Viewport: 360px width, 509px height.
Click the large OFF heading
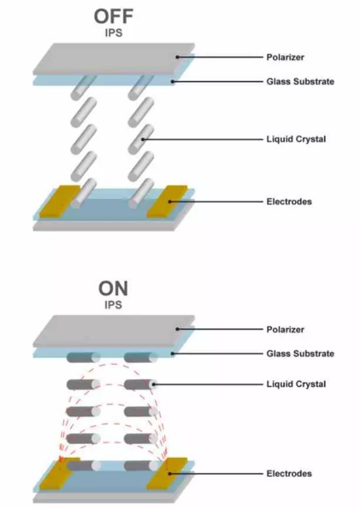pos(113,16)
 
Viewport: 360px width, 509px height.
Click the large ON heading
pos(113,289)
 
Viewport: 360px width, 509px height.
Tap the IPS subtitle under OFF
pos(114,33)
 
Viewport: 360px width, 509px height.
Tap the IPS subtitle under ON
pos(113,305)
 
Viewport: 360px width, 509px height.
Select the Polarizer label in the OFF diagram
pos(285,57)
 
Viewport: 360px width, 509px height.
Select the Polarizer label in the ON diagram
pos(285,330)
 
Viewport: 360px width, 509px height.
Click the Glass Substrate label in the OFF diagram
pos(300,82)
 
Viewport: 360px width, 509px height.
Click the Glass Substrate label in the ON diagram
pos(300,353)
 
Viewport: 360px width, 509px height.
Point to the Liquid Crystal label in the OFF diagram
pos(296,139)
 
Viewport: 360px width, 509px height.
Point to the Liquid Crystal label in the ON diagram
pos(296,384)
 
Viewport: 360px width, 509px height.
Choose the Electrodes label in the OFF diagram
pos(289,202)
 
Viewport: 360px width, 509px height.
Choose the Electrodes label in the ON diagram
pos(289,474)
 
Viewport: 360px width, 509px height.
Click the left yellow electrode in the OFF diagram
pos(60,202)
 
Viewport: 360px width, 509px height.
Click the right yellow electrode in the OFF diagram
pos(167,202)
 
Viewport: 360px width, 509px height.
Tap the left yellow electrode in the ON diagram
pos(60,474)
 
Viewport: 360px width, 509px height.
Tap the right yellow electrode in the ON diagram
pos(167,474)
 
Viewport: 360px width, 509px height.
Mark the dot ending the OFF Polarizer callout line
pos(177,57)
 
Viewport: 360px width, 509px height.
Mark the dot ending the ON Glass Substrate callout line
pos(173,353)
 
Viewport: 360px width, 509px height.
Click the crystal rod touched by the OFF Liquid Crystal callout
pos(141,139)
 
